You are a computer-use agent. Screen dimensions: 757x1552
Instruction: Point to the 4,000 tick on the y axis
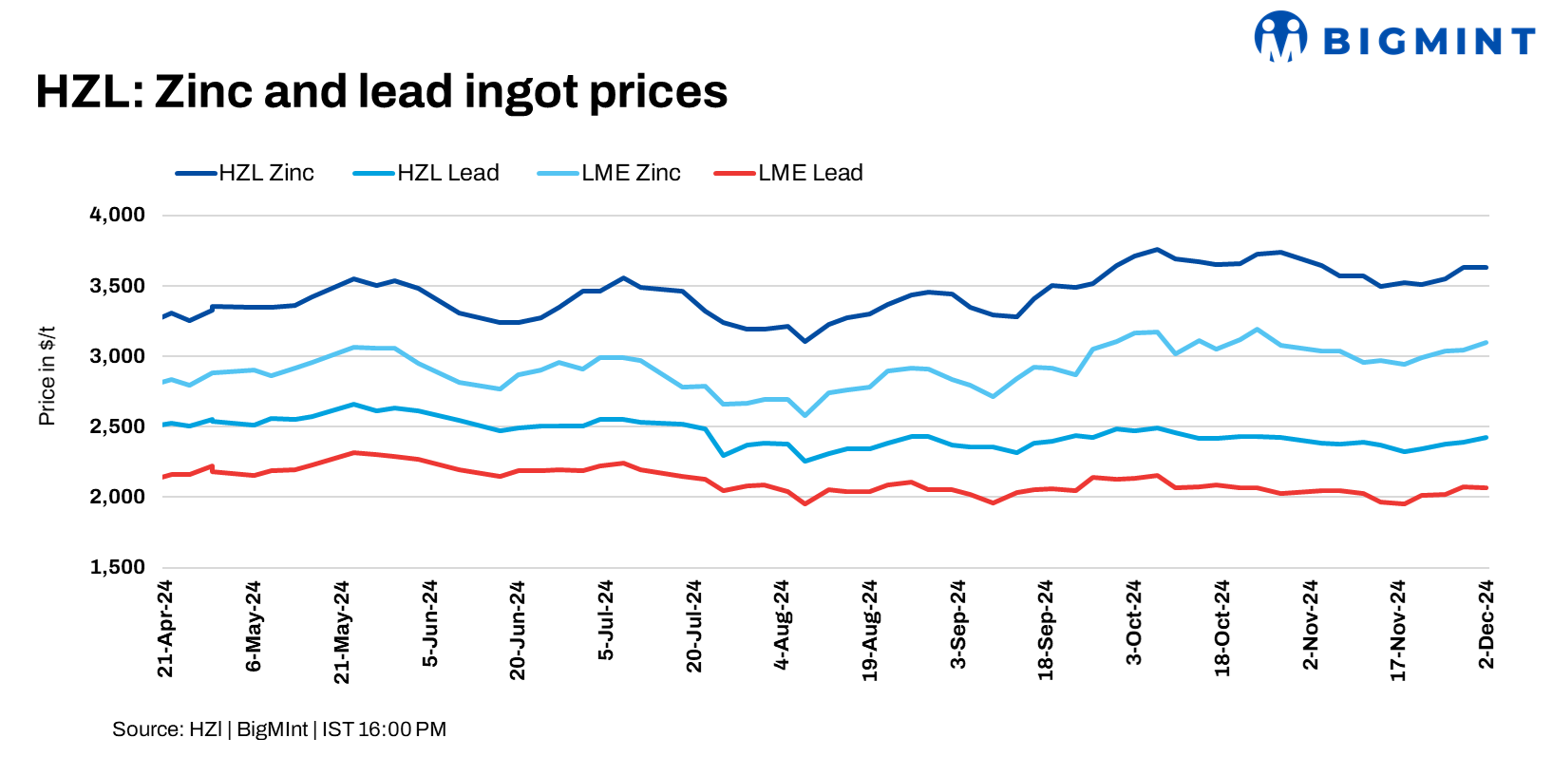tap(117, 215)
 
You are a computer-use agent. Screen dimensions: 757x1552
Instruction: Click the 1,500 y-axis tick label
tap(117, 567)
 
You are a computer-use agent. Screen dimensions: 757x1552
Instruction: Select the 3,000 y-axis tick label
tap(117, 356)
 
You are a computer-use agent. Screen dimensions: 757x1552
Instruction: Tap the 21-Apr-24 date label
tap(165, 629)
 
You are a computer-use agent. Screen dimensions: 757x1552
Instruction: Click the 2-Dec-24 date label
tap(1486, 624)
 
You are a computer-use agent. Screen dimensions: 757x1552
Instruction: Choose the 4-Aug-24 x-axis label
tap(782, 624)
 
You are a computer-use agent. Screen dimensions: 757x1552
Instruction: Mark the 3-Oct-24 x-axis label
tap(1134, 622)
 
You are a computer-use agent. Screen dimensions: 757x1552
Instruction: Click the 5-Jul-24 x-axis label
tap(606, 620)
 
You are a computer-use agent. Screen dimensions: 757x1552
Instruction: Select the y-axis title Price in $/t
tap(47, 376)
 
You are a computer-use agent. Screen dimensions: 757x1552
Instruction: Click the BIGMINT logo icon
tap(1280, 37)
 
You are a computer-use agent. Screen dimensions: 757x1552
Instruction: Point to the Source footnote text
tap(278, 729)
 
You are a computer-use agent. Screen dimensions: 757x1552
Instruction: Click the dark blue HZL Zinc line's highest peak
tap(1157, 250)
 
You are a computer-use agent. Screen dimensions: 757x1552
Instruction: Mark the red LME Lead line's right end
tap(1486, 488)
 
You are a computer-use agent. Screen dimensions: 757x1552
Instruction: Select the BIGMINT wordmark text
tap(1429, 41)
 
